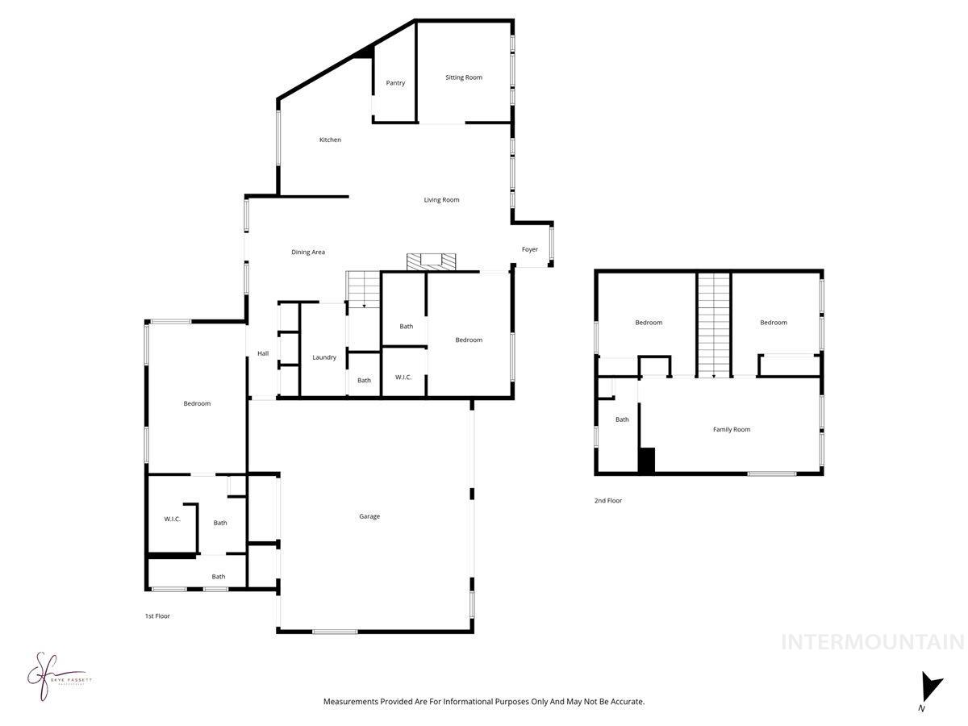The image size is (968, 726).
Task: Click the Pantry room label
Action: pos(395,83)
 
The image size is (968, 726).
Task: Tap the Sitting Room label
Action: pos(464,77)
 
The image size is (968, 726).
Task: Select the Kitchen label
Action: pos(330,140)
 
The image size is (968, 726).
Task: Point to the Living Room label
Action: pos(441,200)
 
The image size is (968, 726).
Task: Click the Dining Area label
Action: pos(308,252)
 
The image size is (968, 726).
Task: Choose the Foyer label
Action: pos(529,249)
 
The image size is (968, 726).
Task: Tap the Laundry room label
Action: pos(324,357)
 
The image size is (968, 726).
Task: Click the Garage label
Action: pos(369,516)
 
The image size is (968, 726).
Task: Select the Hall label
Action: pos(263,353)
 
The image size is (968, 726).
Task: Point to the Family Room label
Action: pos(732,429)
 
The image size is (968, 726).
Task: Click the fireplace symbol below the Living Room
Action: pos(431,261)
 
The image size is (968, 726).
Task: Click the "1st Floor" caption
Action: pos(157,615)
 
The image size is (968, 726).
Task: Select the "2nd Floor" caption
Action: pos(608,500)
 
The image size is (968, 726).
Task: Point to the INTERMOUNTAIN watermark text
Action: pos(873,642)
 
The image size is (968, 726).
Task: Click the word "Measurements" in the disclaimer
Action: pos(350,702)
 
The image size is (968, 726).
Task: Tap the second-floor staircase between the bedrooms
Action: pos(714,324)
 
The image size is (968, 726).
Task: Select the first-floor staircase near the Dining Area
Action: pos(363,289)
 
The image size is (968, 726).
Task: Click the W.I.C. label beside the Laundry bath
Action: pos(404,378)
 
